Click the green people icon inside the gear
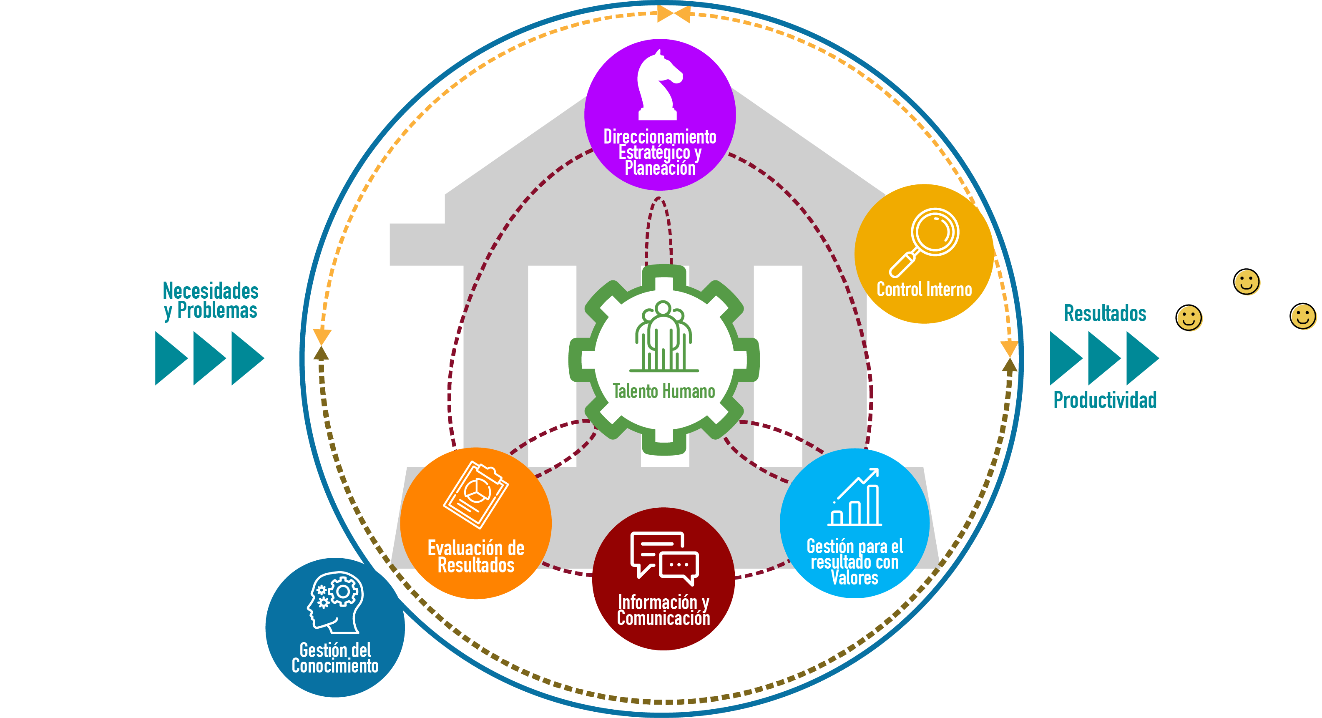[x=664, y=336]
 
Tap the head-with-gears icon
[x=336, y=602]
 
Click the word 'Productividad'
[x=1104, y=401]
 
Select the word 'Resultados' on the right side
[x=1104, y=313]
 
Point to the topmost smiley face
[x=1246, y=281]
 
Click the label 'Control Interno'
[x=924, y=290]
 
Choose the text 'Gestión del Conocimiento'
[x=335, y=658]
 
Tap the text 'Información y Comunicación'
[x=664, y=610]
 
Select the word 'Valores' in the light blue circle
[x=855, y=578]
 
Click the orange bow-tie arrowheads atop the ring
[x=674, y=14]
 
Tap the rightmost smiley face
[x=1302, y=316]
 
